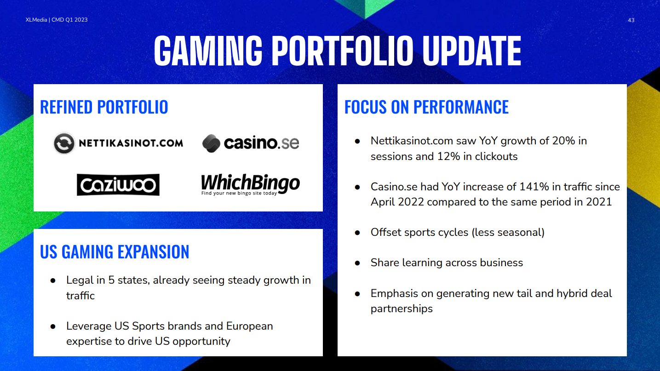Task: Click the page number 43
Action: pyautogui.click(x=631, y=20)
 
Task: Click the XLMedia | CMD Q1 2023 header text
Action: pyautogui.click(x=57, y=20)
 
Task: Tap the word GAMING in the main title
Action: pyautogui.click(x=208, y=50)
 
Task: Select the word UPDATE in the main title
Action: pyautogui.click(x=472, y=50)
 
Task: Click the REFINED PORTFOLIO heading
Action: pyautogui.click(x=104, y=107)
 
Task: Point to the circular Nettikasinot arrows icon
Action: pyautogui.click(x=64, y=143)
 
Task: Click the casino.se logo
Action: pyautogui.click(x=251, y=143)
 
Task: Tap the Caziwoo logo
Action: pyautogui.click(x=118, y=185)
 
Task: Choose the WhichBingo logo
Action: pyautogui.click(x=251, y=184)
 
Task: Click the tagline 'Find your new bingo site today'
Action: pyautogui.click(x=239, y=193)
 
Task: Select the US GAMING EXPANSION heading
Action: pyautogui.click(x=115, y=252)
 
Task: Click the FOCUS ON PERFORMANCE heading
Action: pyautogui.click(x=426, y=107)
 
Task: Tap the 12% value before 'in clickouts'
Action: pyautogui.click(x=448, y=156)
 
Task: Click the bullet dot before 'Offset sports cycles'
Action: pyautogui.click(x=357, y=233)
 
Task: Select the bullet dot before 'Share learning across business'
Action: pyautogui.click(x=357, y=263)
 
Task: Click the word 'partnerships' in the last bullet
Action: pyautogui.click(x=402, y=309)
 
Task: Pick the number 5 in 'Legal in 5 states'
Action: pyautogui.click(x=111, y=280)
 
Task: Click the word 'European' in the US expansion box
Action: pyautogui.click(x=250, y=326)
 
